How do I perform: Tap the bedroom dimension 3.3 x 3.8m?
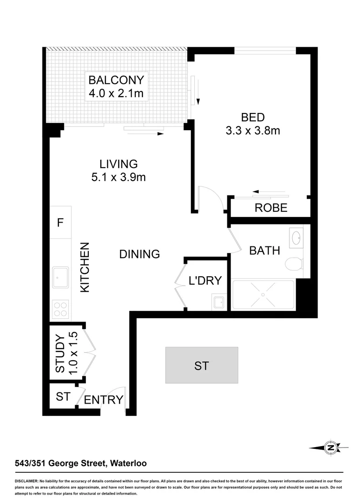[253, 131]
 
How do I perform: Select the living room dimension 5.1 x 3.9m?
[119, 177]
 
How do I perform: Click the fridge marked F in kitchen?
[60, 223]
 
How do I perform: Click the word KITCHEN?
[85, 267]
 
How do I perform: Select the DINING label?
[140, 254]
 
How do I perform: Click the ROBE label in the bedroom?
[271, 208]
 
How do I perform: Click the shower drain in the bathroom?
[263, 295]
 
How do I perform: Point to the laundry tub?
[218, 302]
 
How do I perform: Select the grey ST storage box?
[202, 365]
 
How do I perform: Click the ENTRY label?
[104, 400]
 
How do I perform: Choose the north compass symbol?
[331, 448]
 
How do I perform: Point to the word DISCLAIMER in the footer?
[27, 481]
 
